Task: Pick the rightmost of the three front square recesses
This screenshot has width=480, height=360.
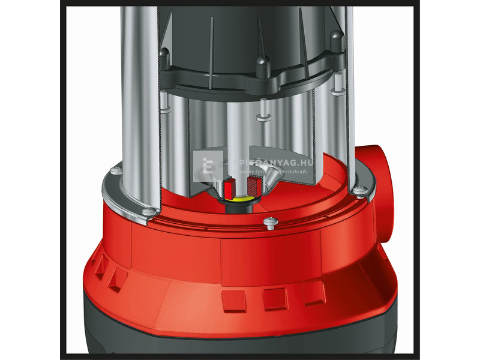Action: coord(313,292)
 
